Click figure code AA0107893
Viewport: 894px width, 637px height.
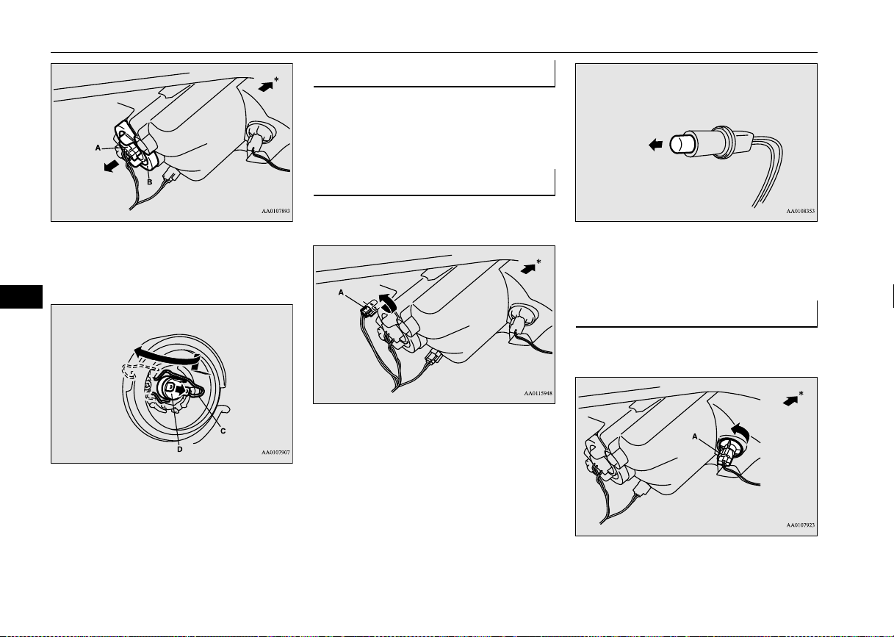tap(275, 211)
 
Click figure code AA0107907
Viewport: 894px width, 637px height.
tap(275, 453)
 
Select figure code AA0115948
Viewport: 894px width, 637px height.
tap(538, 394)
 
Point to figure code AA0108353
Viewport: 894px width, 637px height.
tap(800, 211)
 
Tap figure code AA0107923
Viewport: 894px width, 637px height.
tap(800, 525)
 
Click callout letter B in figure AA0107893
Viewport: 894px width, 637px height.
tap(150, 182)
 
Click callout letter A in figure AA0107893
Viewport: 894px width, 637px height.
tap(98, 148)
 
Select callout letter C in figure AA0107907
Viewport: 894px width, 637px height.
tap(223, 431)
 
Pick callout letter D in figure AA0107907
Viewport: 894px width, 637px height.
tap(179, 450)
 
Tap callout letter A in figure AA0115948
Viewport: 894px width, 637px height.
tap(341, 292)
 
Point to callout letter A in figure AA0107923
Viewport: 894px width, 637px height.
tap(695, 436)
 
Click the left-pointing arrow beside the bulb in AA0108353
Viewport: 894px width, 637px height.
tap(656, 145)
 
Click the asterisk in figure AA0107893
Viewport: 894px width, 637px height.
tap(276, 80)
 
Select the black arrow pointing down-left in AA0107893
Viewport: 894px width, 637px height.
tap(112, 165)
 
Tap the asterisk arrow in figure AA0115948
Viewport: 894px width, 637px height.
tap(528, 269)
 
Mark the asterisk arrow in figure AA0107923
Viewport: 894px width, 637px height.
tap(790, 401)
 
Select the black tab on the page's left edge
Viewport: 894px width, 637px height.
tap(21, 297)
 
